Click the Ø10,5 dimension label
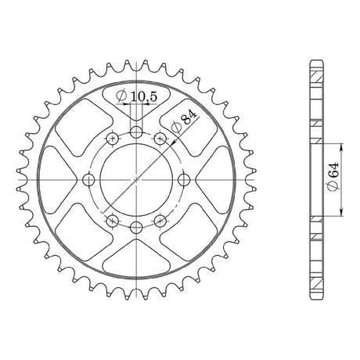[137, 96]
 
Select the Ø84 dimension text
[183, 121]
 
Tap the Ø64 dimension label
[333, 177]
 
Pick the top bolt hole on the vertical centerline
[136, 132]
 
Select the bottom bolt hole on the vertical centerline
[136, 228]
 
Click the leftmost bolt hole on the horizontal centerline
[88, 180]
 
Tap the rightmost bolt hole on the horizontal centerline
[184, 180]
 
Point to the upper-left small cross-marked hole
[113, 139]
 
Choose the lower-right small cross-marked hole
[160, 221]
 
